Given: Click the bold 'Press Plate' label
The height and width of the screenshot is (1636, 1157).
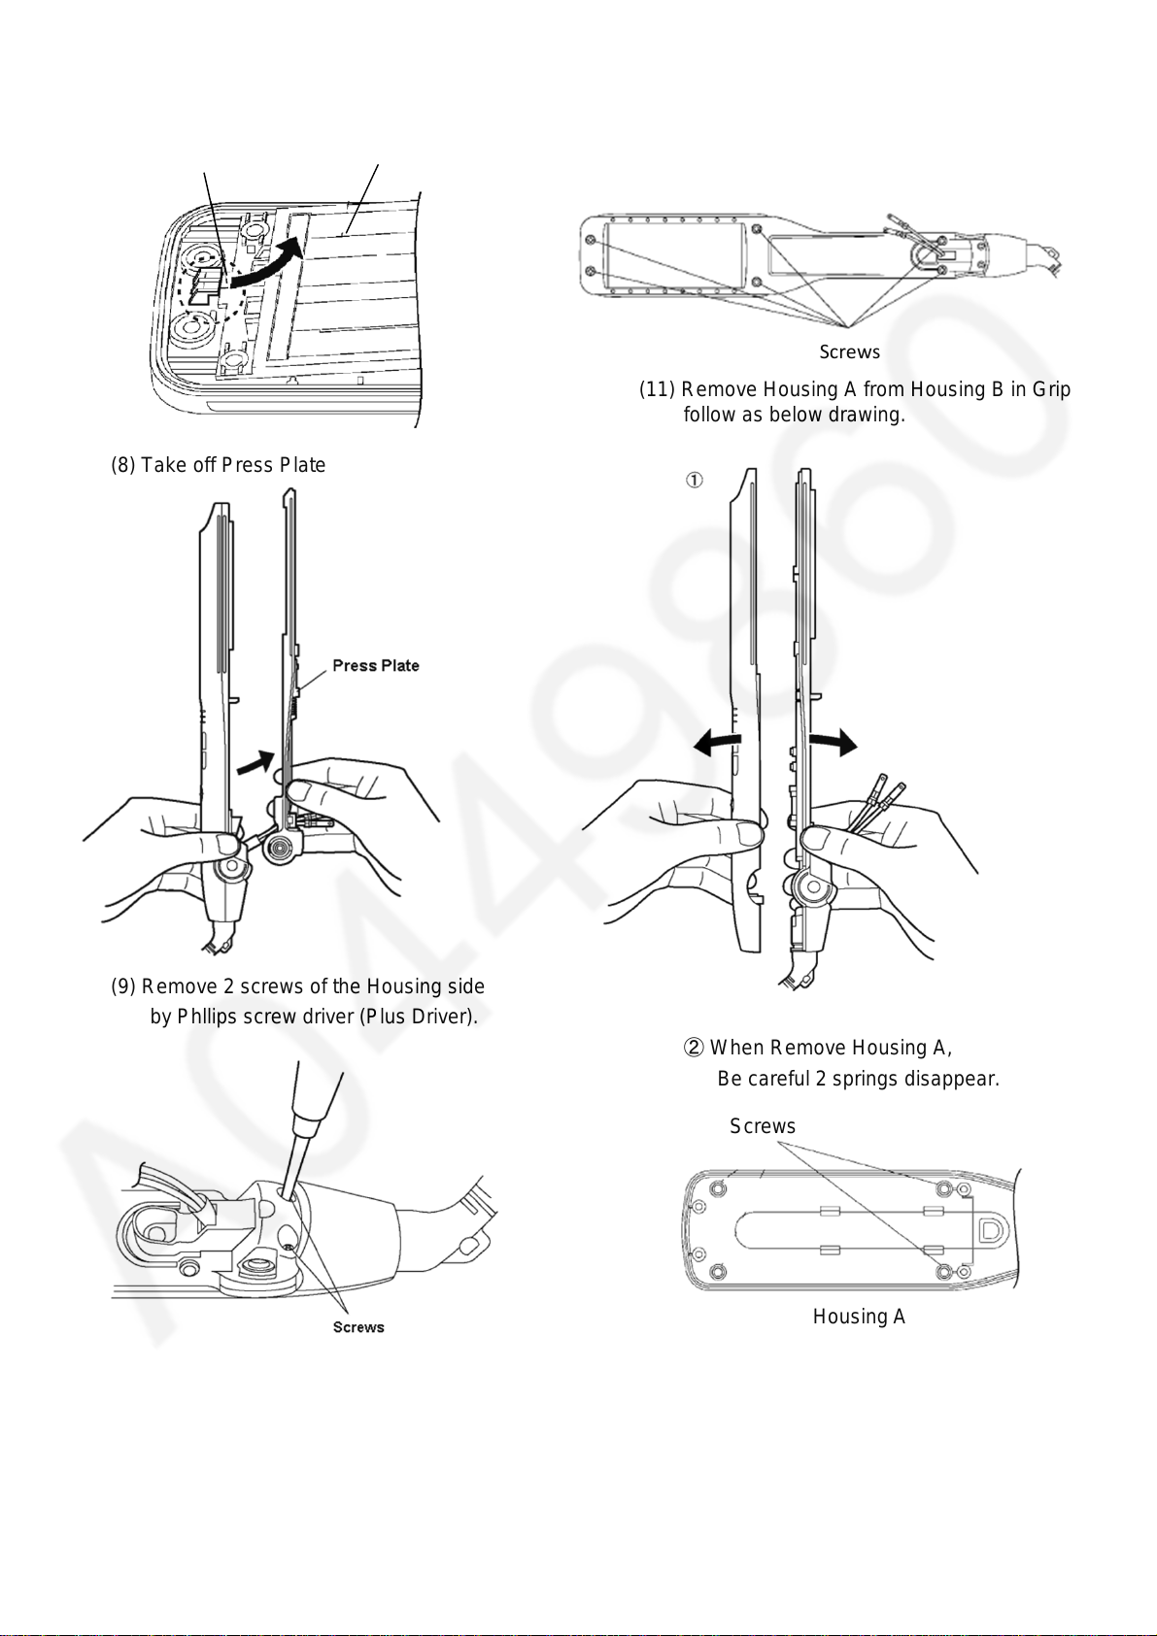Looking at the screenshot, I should point(376,666).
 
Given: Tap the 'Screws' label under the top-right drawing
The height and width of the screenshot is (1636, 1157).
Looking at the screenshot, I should point(849,352).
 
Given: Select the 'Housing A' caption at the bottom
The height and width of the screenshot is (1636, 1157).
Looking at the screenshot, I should point(859,1317).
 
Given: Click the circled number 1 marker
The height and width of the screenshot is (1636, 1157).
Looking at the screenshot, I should point(694,480).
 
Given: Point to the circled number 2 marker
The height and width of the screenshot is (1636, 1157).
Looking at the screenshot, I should point(694,1048).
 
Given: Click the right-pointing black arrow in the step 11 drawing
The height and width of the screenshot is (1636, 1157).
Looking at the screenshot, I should point(834,743).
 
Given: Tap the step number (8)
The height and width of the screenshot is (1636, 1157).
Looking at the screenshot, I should point(123,465).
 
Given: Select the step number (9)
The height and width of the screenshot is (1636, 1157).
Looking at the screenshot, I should point(123,986).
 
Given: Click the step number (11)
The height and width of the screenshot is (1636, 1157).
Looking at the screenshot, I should point(657,389).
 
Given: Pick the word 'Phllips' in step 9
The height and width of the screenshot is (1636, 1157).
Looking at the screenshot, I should point(208,1018).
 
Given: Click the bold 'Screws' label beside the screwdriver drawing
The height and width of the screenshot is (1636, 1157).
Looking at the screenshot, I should point(358,1327).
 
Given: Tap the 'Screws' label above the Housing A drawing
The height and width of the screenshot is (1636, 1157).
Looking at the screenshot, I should point(763,1126).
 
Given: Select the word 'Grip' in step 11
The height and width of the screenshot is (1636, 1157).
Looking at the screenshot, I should point(1051,389).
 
